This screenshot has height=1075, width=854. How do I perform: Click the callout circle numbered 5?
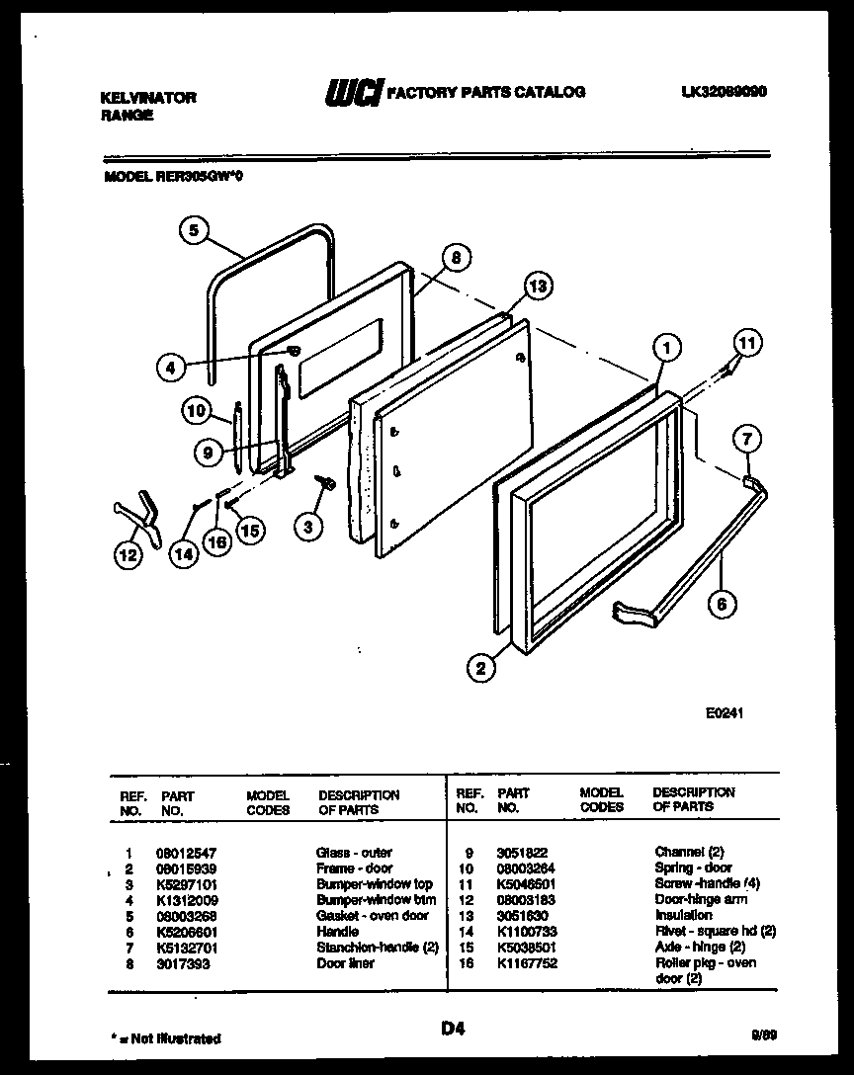[195, 230]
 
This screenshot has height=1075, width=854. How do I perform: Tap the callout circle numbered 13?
[537, 288]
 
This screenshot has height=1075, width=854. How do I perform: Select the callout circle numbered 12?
[127, 555]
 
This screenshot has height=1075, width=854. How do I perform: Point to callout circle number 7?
[748, 438]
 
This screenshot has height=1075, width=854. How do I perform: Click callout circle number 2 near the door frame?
[481, 669]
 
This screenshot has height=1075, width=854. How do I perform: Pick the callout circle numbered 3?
[308, 527]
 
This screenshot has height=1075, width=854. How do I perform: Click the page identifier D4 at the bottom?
[453, 1029]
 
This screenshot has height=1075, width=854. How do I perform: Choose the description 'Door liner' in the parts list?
[345, 962]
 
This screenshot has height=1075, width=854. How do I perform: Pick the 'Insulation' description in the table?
[683, 915]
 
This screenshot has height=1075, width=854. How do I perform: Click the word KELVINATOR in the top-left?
[148, 97]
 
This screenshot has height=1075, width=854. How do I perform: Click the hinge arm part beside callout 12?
[138, 515]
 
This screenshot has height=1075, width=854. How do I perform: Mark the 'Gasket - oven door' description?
[372, 915]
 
